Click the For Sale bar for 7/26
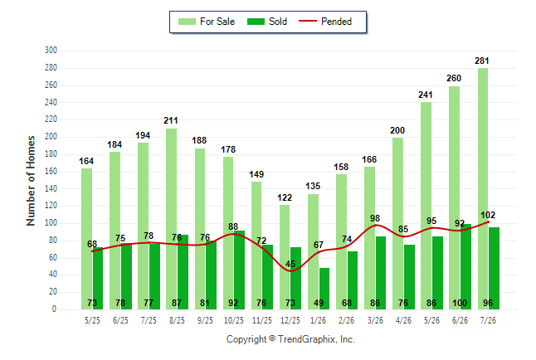click(x=483, y=189)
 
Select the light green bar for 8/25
click(x=171, y=219)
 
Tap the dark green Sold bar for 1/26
click(x=324, y=289)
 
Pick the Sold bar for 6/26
click(x=465, y=266)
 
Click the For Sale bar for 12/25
click(x=285, y=257)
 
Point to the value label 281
click(x=481, y=61)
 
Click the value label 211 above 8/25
click(x=171, y=120)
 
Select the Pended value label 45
click(x=290, y=264)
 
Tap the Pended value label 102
click(x=488, y=215)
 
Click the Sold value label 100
click(x=460, y=303)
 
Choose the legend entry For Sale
click(x=207, y=22)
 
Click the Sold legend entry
click(x=267, y=22)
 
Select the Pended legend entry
click(x=325, y=22)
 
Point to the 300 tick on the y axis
click(x=51, y=51)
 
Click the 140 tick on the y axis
click(x=51, y=188)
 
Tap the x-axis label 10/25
click(x=234, y=320)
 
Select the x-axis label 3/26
click(x=375, y=320)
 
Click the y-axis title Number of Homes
click(x=31, y=181)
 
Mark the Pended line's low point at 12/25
click(x=290, y=271)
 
